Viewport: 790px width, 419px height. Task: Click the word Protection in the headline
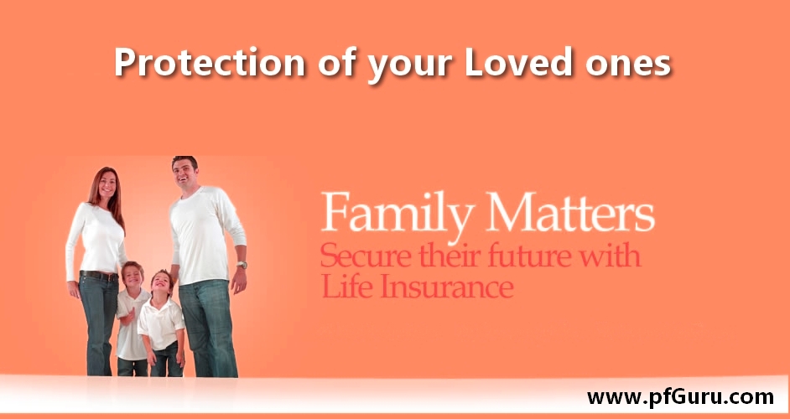[x=209, y=62]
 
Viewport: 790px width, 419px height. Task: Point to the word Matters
[x=570, y=210]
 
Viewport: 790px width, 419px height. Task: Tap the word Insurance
[x=446, y=287]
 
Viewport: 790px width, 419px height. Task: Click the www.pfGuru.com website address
[x=680, y=397]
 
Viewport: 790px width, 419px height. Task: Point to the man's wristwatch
[x=242, y=265]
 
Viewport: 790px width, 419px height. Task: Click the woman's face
[x=107, y=184]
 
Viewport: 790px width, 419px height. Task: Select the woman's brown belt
[x=99, y=275]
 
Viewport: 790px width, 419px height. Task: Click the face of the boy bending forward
[x=161, y=284]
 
